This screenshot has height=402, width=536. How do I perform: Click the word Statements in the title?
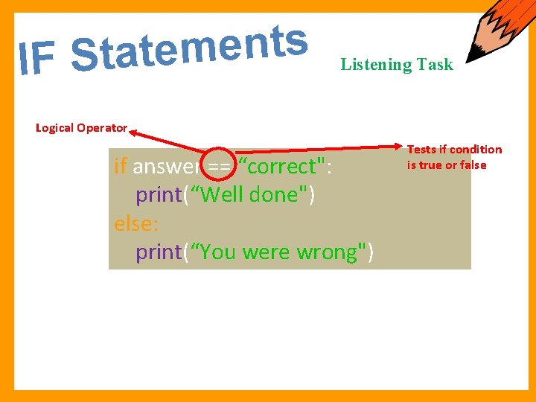point(190,47)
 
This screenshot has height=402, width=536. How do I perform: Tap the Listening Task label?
point(396,65)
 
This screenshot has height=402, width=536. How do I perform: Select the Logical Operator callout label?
point(82,128)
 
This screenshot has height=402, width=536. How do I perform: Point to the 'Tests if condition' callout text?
point(454,150)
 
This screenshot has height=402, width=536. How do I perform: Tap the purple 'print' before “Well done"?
point(159,194)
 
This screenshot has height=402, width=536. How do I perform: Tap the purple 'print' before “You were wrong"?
point(159,252)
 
